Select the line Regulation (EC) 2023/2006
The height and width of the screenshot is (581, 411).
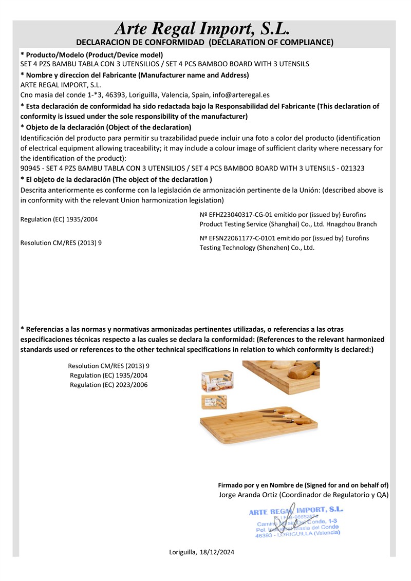pyautogui.click(x=108, y=384)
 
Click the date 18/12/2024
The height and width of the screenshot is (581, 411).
pyautogui.click(x=216, y=552)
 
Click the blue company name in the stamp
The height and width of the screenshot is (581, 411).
pyautogui.click(x=295, y=511)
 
